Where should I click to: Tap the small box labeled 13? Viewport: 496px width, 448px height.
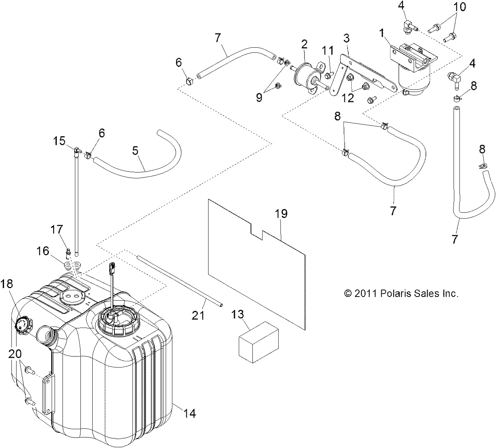pos(258,342)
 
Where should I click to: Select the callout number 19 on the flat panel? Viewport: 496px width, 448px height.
pos(281,214)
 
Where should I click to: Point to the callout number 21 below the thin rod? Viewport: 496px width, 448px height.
pos(198,315)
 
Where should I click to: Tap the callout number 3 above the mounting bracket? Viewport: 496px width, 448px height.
pos(346,38)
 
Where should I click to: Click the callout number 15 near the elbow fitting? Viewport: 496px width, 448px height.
pos(59,141)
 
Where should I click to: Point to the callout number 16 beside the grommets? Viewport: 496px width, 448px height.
pos(43,251)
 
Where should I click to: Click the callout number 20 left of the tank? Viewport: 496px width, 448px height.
pos(15,354)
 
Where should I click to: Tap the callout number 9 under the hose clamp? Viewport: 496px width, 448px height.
pos(259,97)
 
